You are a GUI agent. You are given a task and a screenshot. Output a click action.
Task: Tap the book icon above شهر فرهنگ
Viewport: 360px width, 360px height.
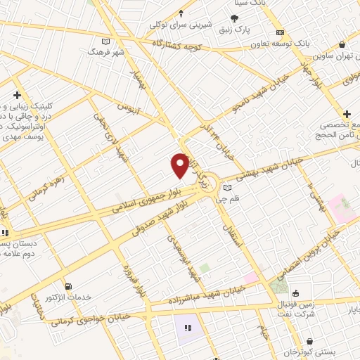click(x=107, y=41)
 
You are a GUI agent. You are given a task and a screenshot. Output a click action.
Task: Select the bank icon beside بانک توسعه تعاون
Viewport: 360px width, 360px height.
click(x=281, y=32)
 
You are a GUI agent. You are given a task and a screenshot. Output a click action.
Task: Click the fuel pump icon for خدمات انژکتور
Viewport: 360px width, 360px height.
click(x=68, y=286)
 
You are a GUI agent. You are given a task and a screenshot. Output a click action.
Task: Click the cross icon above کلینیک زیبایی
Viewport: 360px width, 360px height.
click(x=17, y=94)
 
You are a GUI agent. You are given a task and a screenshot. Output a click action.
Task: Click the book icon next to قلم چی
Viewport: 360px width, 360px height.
click(x=226, y=188)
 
